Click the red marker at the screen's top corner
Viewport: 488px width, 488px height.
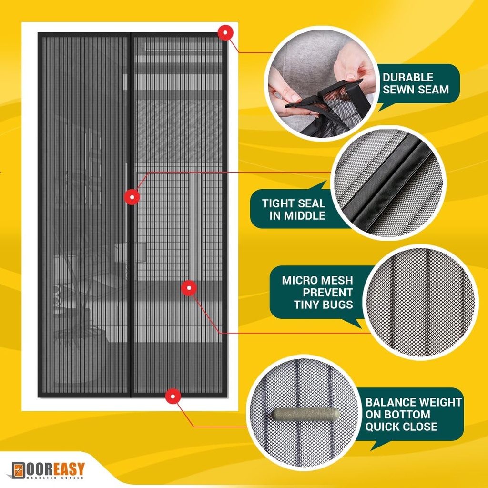click(225, 32)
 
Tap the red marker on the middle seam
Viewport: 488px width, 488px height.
click(132, 196)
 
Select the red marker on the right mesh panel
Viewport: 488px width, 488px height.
click(189, 287)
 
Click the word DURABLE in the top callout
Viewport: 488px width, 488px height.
click(408, 77)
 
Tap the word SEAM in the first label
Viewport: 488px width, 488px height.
click(433, 89)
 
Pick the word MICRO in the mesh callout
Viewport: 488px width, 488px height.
click(299, 280)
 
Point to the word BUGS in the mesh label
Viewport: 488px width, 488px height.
click(335, 305)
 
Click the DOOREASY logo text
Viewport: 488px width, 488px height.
click(55, 468)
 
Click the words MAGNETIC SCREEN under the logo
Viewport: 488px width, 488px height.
click(57, 477)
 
